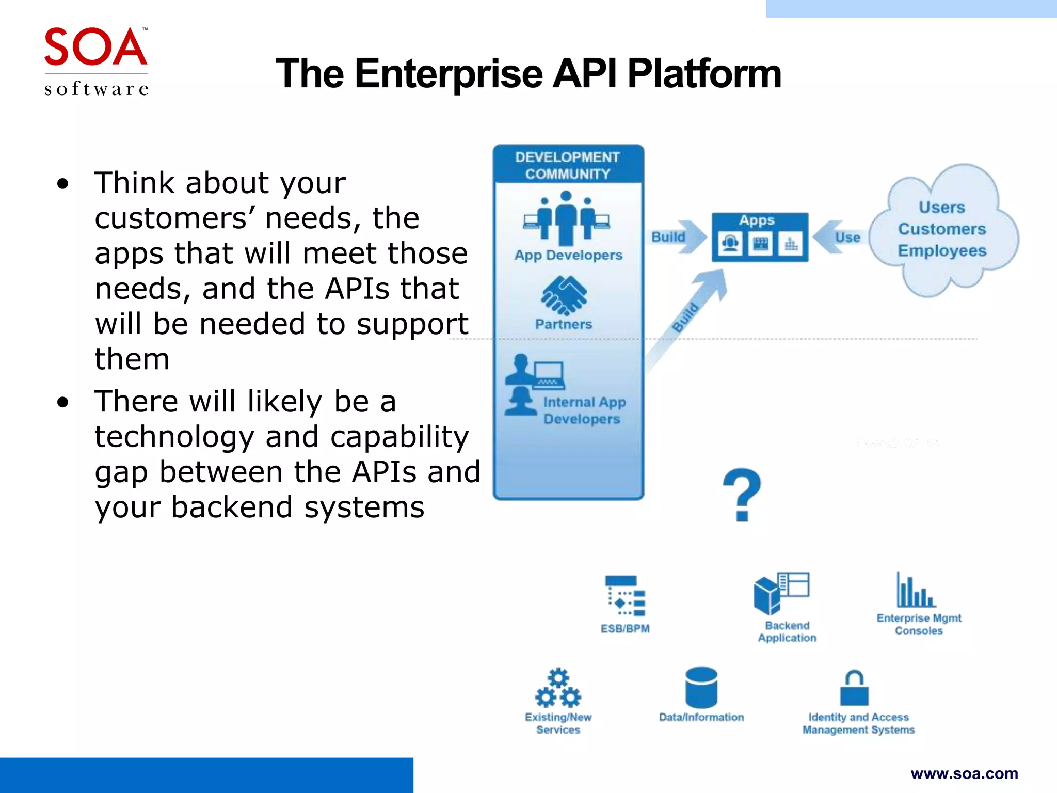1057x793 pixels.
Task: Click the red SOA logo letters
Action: (x=95, y=47)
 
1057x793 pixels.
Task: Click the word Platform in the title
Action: (x=704, y=74)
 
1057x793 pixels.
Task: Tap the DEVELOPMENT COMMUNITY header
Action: (x=567, y=165)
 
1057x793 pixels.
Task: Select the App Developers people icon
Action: (x=566, y=218)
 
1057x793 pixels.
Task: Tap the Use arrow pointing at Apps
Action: (x=839, y=237)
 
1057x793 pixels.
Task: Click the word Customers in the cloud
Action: (x=941, y=229)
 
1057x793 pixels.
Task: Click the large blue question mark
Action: (x=742, y=495)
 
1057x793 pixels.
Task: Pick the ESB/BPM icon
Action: (x=626, y=596)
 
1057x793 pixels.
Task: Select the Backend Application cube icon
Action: (x=768, y=595)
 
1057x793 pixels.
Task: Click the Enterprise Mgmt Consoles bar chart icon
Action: (x=916, y=591)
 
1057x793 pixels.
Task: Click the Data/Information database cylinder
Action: (x=701, y=687)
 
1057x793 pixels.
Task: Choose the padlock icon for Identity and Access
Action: (x=854, y=689)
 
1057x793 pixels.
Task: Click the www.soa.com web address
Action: (x=964, y=773)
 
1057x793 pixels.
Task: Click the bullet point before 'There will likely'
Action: (x=63, y=402)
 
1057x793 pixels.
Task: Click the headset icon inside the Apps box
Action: (x=730, y=243)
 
